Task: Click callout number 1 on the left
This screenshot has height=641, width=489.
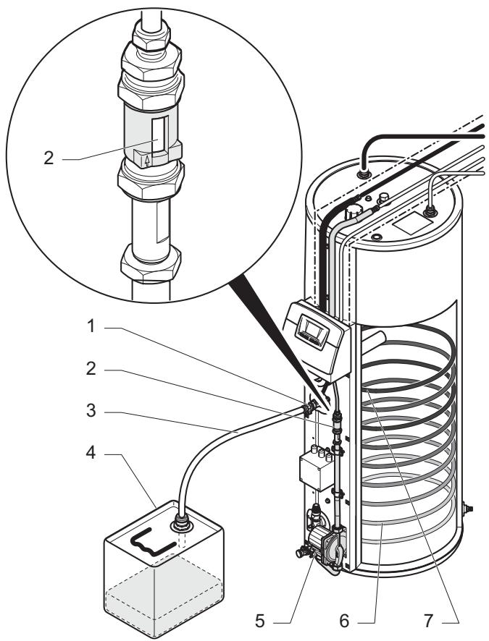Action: click(x=91, y=326)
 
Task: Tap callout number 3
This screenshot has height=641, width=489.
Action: click(x=91, y=411)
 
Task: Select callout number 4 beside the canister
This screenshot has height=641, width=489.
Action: click(x=91, y=453)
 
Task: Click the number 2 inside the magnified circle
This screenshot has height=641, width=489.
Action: click(x=49, y=158)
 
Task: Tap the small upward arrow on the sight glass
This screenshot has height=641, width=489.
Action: click(x=147, y=161)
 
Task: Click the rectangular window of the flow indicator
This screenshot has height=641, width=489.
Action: click(x=159, y=134)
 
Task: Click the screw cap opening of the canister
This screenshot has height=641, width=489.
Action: click(x=183, y=523)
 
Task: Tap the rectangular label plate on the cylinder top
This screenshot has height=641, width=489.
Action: click(x=412, y=224)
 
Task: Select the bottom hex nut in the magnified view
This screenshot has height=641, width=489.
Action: click(x=151, y=263)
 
